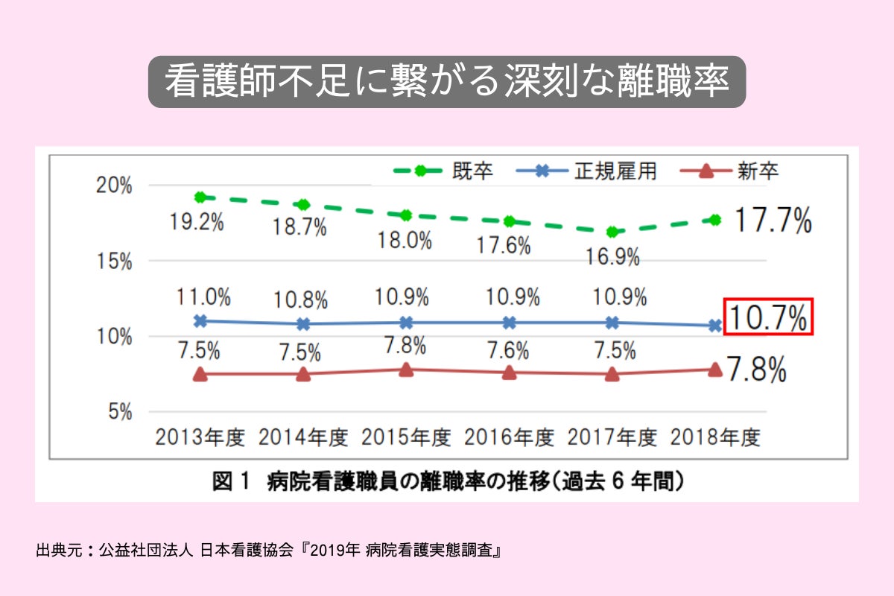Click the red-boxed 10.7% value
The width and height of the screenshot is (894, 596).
pos(768,317)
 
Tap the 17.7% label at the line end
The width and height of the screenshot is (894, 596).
pos(773,221)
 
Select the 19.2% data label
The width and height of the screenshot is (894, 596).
pos(198,222)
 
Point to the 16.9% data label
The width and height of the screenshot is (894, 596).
pos(612,257)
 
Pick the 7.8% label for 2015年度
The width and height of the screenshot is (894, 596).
pos(405,346)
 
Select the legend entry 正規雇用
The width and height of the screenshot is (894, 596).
pos(615,171)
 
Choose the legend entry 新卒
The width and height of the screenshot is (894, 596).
pos(758,171)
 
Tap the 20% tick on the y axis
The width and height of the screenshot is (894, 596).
pos(116,186)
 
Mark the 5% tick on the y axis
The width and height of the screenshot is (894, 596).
pos(120,411)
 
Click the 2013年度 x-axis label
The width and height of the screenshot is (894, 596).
pos(200,437)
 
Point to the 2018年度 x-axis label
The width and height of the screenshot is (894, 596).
pos(715,437)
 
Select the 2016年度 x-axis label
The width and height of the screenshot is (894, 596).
pos(509,437)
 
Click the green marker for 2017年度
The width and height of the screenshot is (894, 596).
pos(612,232)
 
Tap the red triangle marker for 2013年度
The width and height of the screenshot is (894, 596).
pos(200,374)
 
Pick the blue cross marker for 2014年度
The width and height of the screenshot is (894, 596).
pos(302,324)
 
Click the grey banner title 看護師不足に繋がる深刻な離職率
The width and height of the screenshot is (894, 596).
pos(446,82)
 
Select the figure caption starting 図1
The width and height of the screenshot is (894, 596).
pos(447,481)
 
